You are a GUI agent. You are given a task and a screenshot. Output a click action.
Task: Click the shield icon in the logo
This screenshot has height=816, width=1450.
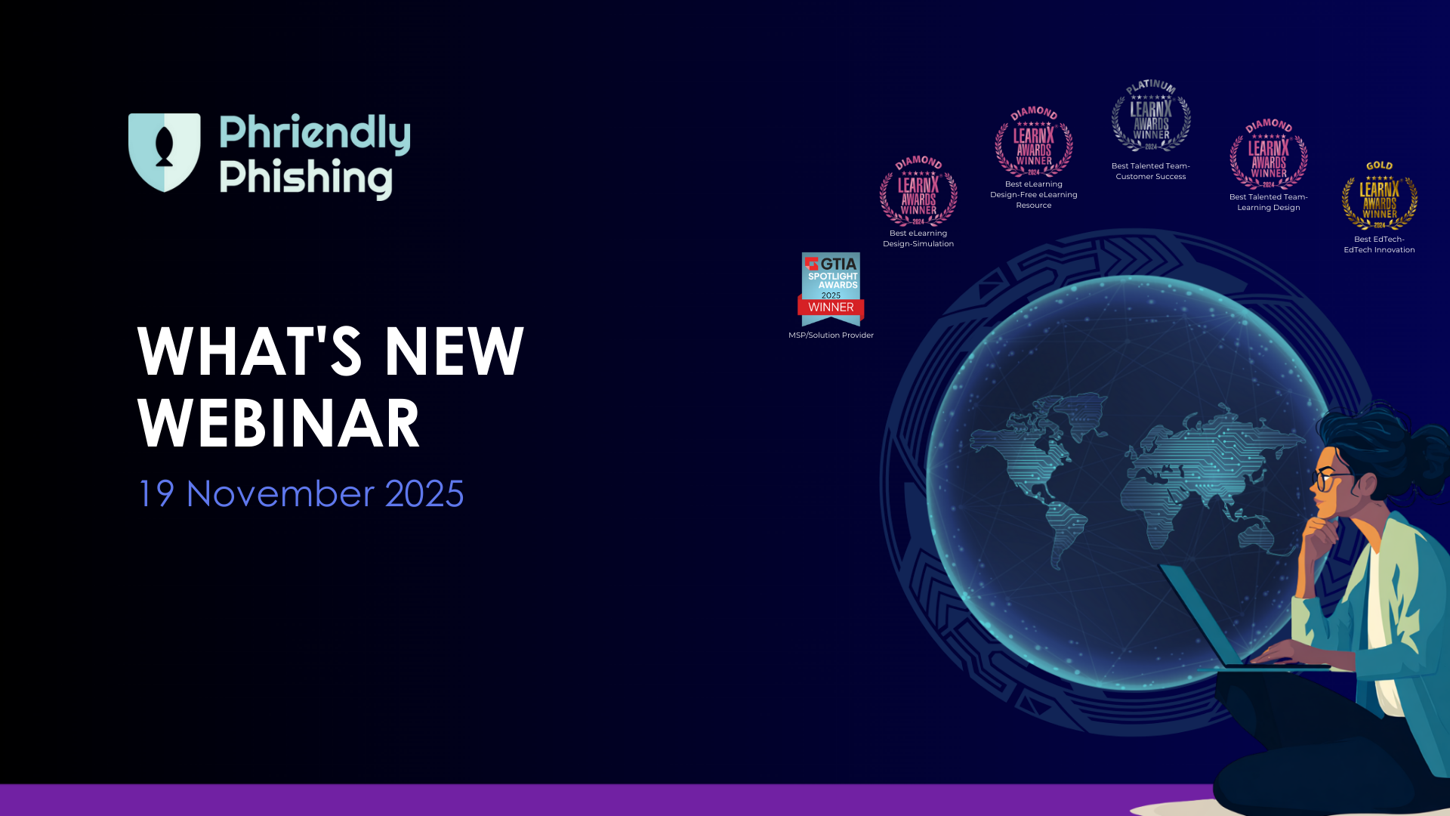[x=164, y=152]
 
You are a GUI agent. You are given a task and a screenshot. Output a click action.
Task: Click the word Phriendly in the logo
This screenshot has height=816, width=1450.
[x=314, y=133]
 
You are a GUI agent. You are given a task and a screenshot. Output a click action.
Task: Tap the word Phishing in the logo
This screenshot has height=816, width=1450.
[x=305, y=178]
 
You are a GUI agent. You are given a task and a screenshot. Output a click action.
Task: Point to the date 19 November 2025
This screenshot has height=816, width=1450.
[x=301, y=493]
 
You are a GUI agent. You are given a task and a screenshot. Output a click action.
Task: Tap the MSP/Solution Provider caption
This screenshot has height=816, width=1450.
[x=831, y=335]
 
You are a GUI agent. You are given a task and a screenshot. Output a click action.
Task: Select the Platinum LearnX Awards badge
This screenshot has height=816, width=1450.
[x=1150, y=117]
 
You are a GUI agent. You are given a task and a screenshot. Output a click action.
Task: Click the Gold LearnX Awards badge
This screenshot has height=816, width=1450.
[x=1379, y=196]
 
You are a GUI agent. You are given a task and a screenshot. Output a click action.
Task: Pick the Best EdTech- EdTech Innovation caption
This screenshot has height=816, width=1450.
[x=1379, y=244]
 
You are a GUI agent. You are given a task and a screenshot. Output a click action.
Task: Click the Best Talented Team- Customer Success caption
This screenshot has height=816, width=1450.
[x=1150, y=171]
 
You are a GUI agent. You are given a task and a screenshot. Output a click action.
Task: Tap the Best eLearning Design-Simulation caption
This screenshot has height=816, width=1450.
[x=918, y=238]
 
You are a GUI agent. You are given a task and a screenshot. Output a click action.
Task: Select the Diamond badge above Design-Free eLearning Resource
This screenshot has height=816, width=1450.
[x=1033, y=142]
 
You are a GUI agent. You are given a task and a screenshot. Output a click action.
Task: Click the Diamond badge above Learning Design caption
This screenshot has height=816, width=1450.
[x=1268, y=154]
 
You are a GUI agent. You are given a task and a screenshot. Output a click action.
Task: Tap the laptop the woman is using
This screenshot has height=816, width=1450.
[x=1208, y=620]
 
